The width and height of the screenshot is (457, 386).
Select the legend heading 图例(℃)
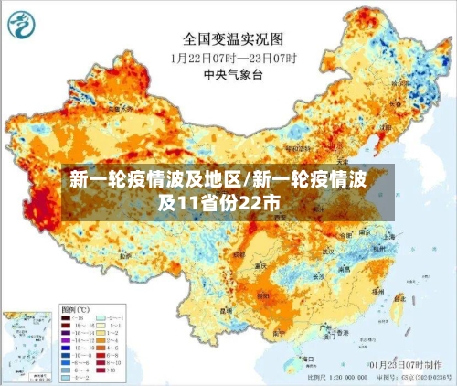pyautogui.click(x=74, y=308)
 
